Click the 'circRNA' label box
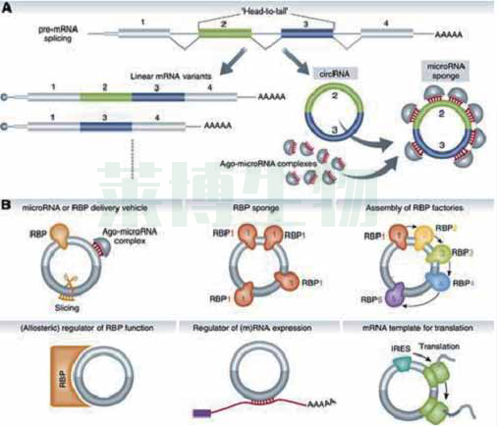(326, 73)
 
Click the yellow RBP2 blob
(440, 232)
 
